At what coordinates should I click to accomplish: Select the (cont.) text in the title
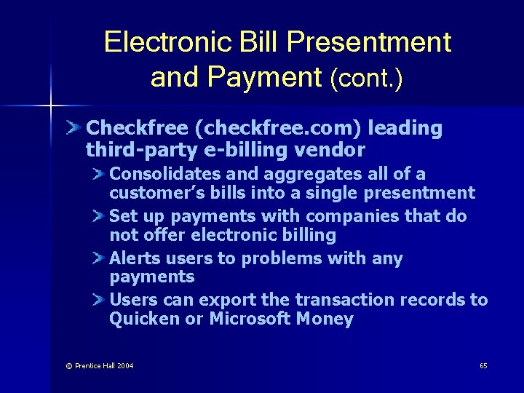366,78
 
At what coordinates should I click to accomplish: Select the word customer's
150,193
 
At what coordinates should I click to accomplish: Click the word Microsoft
250,319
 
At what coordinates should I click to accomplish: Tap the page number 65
483,365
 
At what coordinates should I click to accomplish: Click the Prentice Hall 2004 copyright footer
100,365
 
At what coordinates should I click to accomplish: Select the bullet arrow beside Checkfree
74,128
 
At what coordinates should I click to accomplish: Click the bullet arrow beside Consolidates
100,174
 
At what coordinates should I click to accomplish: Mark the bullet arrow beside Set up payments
100,216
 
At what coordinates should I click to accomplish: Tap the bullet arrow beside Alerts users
100,258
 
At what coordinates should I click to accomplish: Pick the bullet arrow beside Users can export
100,300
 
